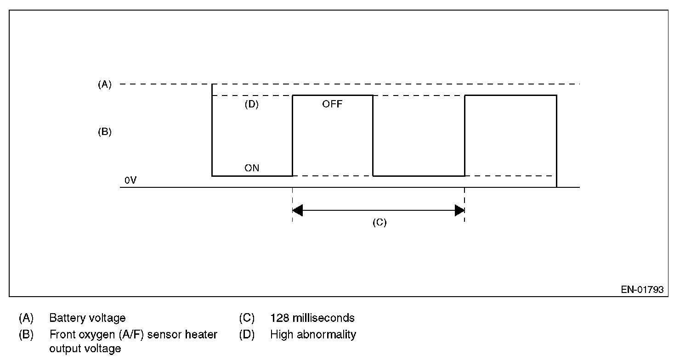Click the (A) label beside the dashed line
105,84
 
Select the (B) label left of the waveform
105,132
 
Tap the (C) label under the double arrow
379,223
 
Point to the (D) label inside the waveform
251,104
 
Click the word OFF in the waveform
332,104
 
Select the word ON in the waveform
252,168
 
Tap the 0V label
130,181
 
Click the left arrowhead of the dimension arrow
297,211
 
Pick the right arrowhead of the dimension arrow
459,211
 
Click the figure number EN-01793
642,290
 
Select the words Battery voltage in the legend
87,318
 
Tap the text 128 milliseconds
312,318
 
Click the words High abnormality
313,335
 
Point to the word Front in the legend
62,335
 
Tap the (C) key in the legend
247,318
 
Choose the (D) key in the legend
247,335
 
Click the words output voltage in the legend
85,349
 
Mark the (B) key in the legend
26,335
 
